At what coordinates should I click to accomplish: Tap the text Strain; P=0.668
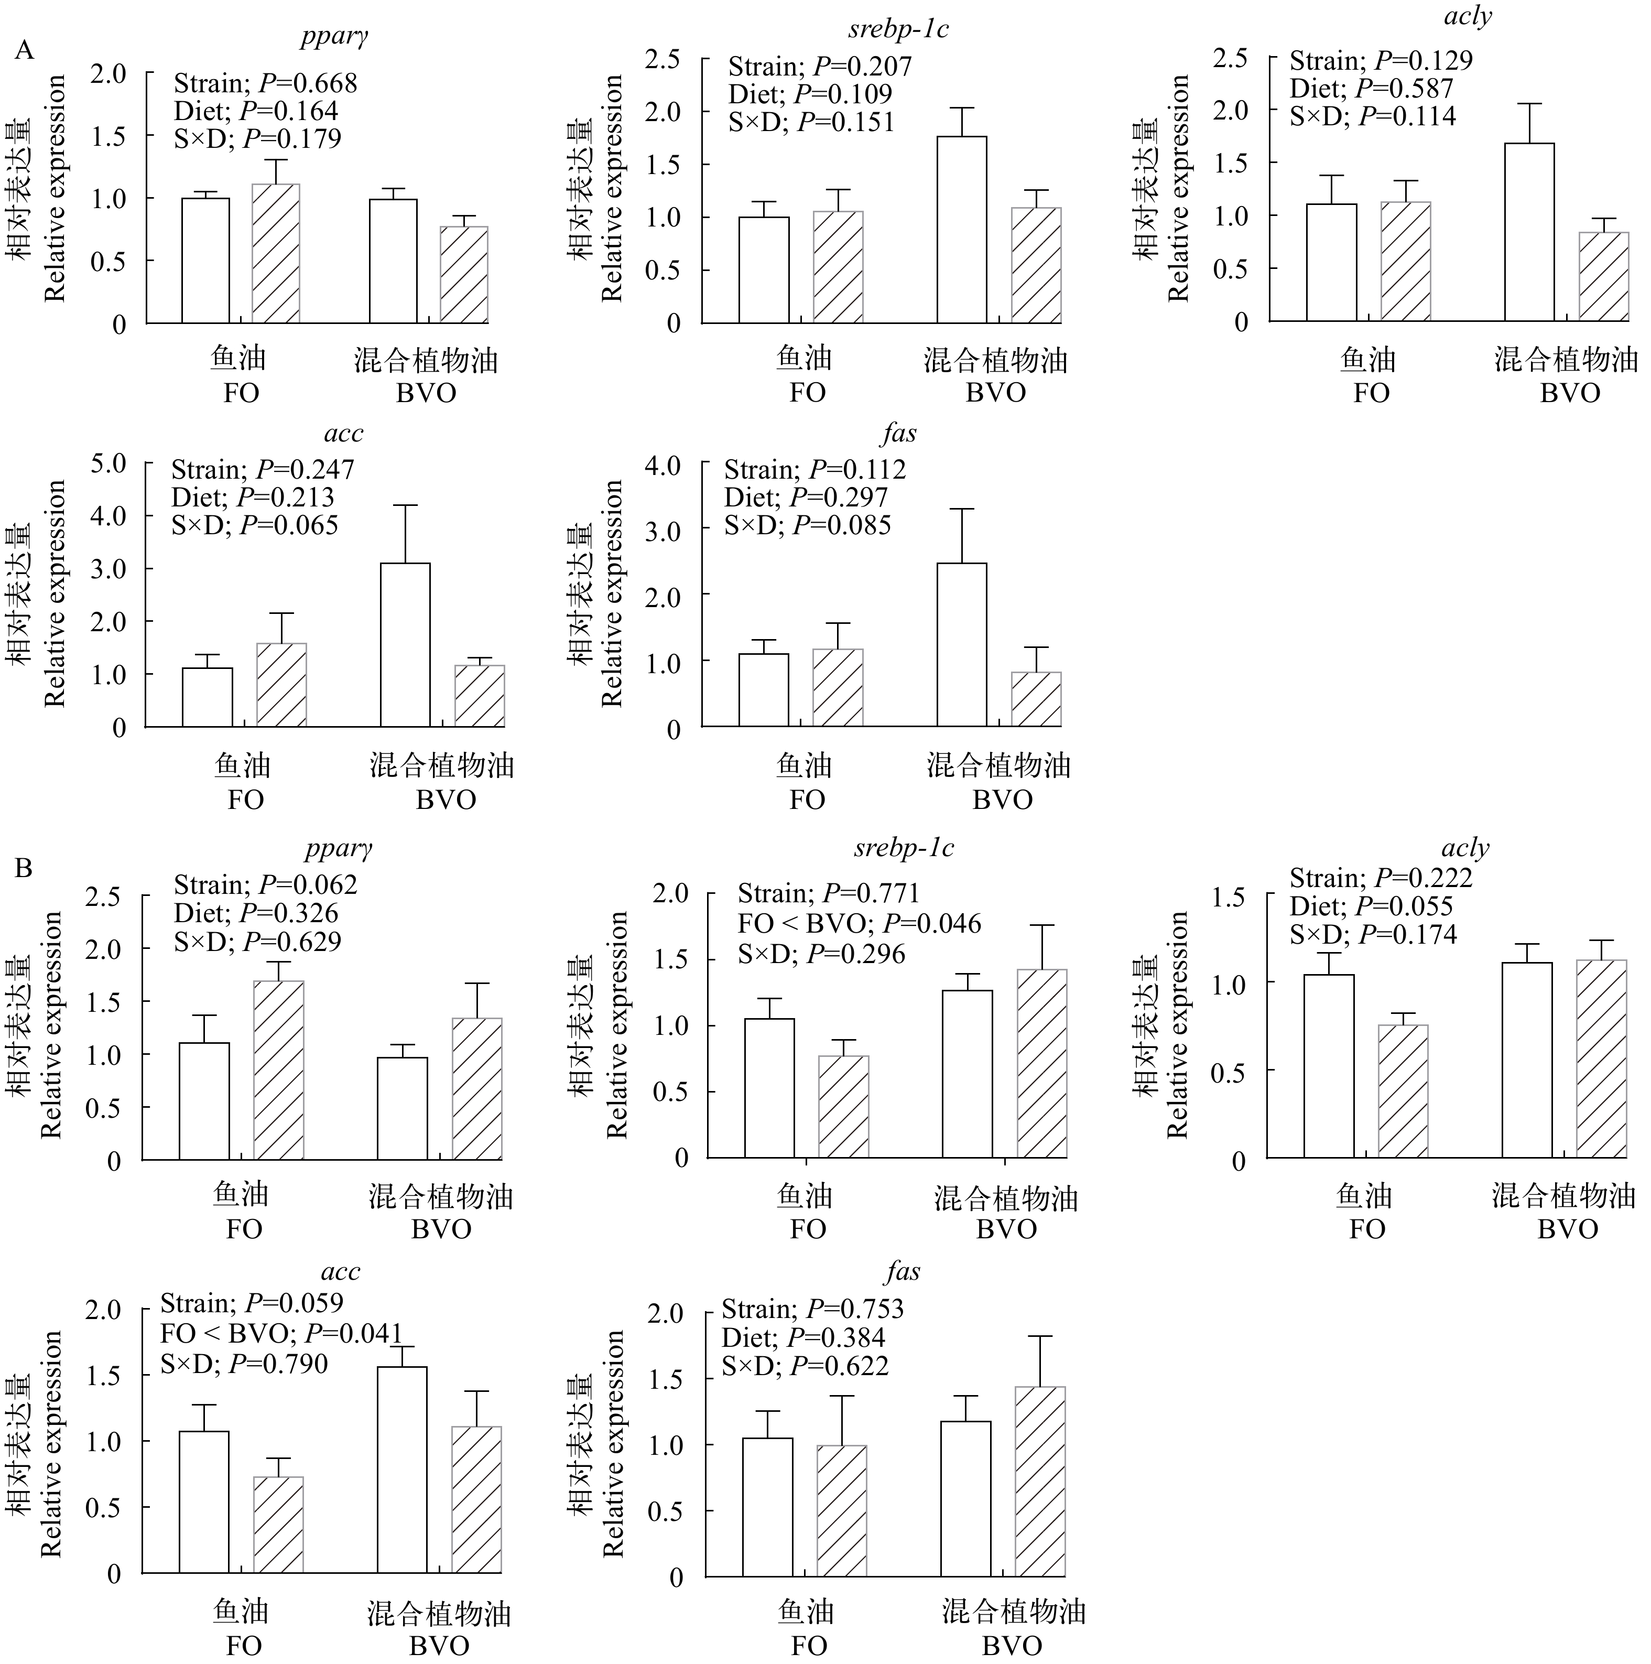pyautogui.click(x=265, y=83)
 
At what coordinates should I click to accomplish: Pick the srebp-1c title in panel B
pyautogui.click(x=904, y=848)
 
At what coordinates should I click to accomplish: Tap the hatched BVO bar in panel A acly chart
pyautogui.click(x=1604, y=276)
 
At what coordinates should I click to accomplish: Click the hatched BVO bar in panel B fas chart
pyautogui.click(x=1039, y=1482)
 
